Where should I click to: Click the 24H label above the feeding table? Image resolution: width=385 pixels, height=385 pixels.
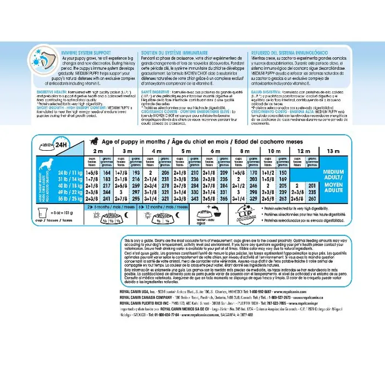pos(60,145)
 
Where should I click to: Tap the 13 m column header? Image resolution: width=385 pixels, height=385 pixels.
pos(334,151)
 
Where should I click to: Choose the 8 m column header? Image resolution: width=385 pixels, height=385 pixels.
pos(245,151)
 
